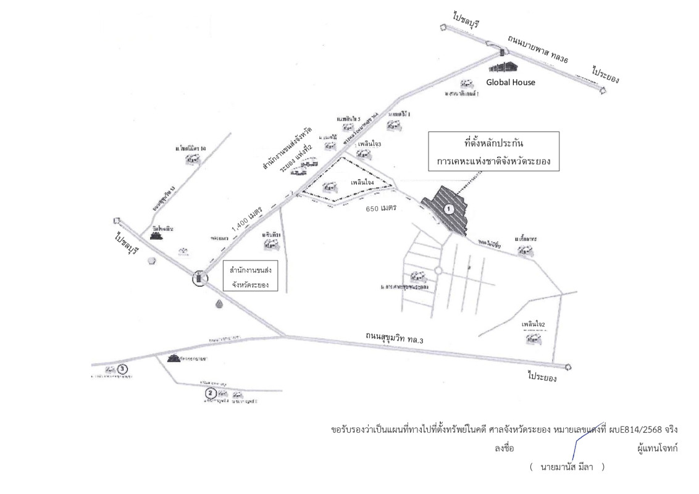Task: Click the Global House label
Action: (509, 82)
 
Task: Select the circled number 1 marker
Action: (450, 209)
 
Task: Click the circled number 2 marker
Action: (210, 393)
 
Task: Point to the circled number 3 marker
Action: (123, 369)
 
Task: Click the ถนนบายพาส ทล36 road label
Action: (537, 49)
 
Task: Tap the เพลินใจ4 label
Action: (364, 183)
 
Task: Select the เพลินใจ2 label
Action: (533, 324)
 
